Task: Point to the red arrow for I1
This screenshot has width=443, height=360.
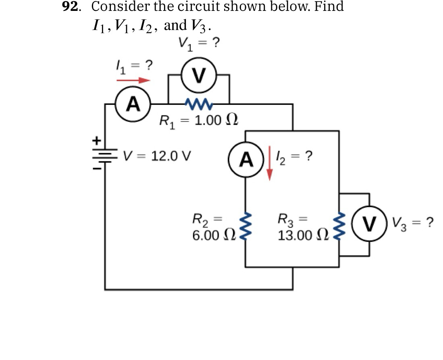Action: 133,80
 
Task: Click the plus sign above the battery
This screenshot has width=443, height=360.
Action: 96,141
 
